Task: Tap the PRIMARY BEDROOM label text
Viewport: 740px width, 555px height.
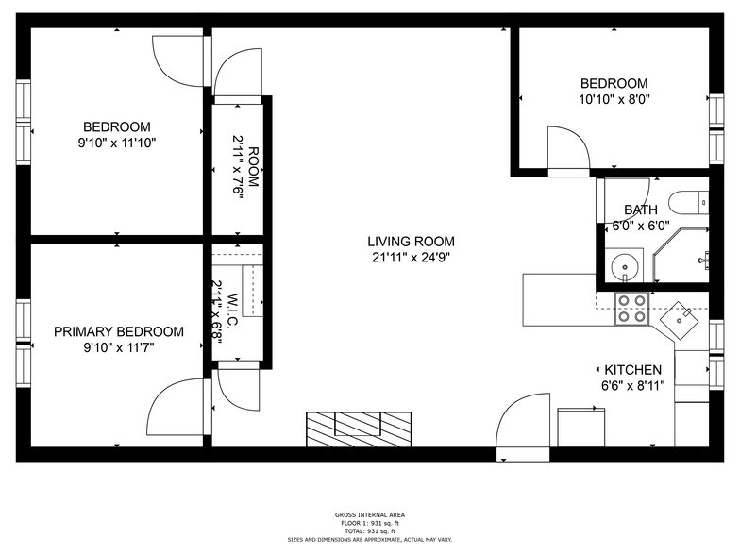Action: [118, 331]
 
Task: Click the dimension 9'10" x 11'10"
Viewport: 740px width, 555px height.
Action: [117, 143]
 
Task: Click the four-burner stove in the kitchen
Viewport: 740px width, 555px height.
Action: [631, 309]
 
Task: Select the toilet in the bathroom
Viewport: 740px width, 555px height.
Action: [687, 201]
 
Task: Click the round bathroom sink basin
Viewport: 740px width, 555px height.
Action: [623, 267]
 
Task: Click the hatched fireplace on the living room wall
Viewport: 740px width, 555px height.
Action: [358, 429]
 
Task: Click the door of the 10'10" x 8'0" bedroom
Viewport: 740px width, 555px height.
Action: [569, 150]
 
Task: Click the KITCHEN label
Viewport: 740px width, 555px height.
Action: [632, 369]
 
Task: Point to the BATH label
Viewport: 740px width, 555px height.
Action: [640, 210]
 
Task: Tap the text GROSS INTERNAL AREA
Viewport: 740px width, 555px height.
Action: [370, 514]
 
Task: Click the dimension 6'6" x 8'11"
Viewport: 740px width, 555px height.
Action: [632, 385]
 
